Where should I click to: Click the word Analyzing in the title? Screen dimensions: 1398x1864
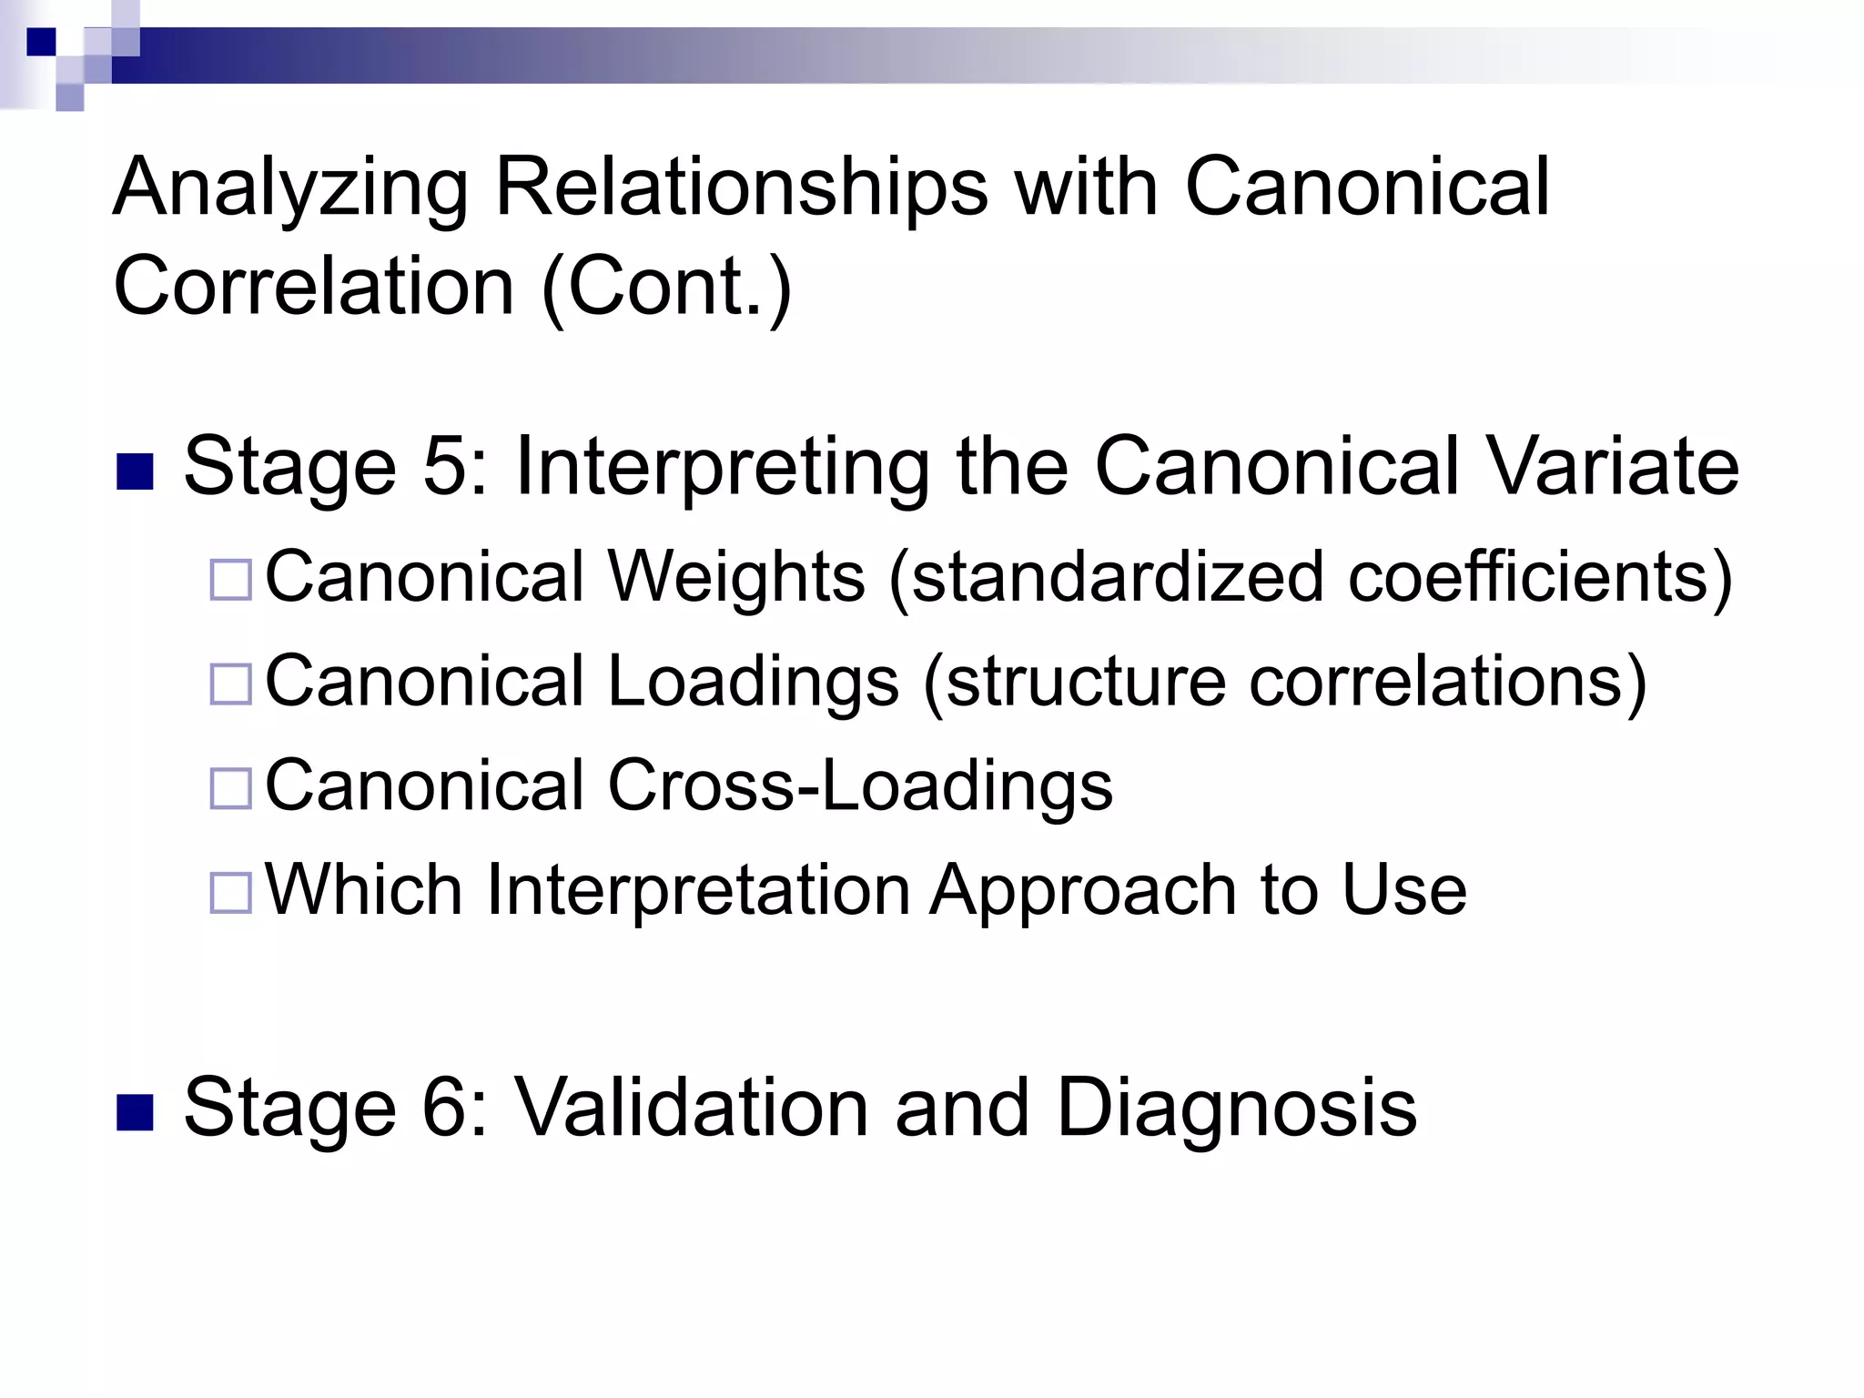pyautogui.click(x=289, y=189)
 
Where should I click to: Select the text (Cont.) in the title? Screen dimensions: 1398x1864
pyautogui.click(x=666, y=287)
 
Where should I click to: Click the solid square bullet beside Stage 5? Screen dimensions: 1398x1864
pyautogui.click(x=135, y=473)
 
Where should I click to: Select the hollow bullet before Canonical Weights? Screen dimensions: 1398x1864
pyautogui.click(x=230, y=581)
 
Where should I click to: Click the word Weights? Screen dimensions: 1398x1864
pyautogui.click(x=736, y=578)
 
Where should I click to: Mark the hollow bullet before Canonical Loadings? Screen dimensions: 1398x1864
pyautogui.click(x=230, y=684)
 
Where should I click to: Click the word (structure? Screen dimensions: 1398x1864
pyautogui.click(x=1074, y=682)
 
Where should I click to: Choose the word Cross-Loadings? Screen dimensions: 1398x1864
pyautogui.click(x=860, y=785)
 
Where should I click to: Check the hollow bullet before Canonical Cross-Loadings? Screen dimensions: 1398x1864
pyautogui.click(x=230, y=788)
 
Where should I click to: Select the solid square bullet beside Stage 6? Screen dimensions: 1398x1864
pyautogui.click(x=135, y=1114)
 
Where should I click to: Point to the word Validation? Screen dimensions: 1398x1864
pyautogui.click(x=692, y=1109)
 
